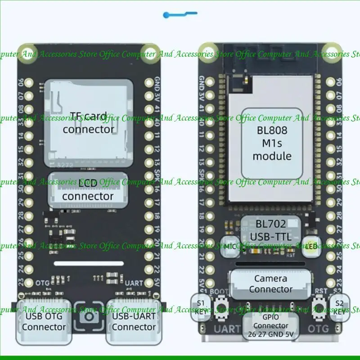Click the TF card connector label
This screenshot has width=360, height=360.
click(88, 122)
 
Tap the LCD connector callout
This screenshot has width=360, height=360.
click(88, 190)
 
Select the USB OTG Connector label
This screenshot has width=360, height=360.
click(44, 321)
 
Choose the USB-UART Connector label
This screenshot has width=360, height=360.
click(134, 321)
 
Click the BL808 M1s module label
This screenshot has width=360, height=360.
click(272, 143)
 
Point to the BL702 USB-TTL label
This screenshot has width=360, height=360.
click(271, 230)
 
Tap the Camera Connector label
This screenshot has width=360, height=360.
click(270, 284)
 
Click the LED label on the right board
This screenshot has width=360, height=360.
click(311, 246)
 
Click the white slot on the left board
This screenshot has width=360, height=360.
click(89, 263)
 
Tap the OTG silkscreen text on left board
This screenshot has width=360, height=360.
click(42, 282)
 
